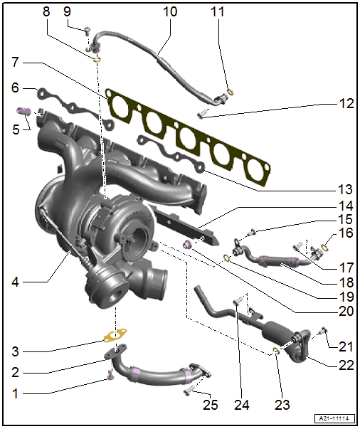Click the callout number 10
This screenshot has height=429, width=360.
(x=170, y=12)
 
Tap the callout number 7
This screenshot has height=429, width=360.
(x=16, y=62)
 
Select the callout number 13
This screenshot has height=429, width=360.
(x=345, y=189)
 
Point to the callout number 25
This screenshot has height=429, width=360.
(x=210, y=405)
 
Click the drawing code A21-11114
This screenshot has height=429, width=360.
(x=334, y=418)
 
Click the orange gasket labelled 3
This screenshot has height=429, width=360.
(x=115, y=336)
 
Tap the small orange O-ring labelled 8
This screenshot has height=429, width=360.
(x=97, y=59)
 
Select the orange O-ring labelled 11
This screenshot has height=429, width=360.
(x=231, y=92)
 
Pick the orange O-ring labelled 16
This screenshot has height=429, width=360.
(x=324, y=248)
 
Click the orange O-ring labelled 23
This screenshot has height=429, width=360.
(x=276, y=351)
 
